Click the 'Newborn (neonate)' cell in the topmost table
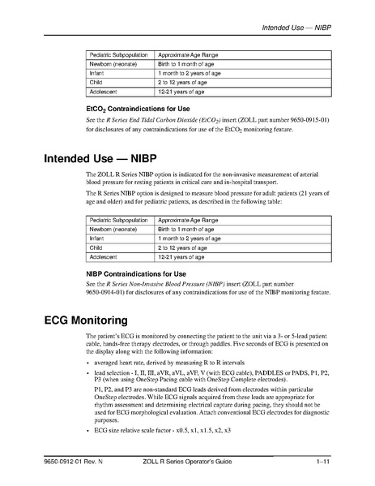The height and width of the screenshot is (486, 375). click(114, 62)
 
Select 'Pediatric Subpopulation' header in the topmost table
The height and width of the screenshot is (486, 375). click(120, 51)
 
